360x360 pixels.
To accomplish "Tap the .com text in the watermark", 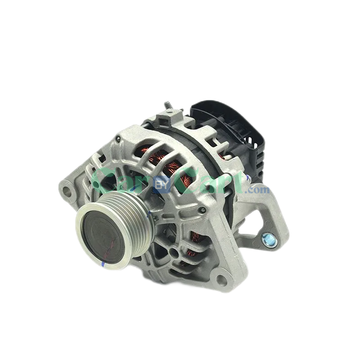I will click(x=260, y=190).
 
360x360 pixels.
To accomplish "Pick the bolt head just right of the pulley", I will click(x=203, y=210).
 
